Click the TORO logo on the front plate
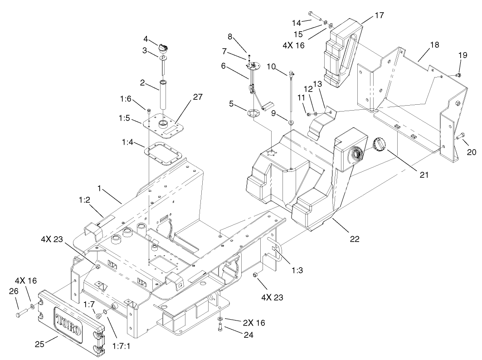point(68,322)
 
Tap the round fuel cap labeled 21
point(379,146)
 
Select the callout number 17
point(379,15)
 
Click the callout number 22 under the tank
point(354,238)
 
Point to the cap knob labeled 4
point(164,47)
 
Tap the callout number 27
point(197,97)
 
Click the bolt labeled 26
point(19,313)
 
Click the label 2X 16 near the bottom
point(253,322)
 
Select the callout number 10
point(271,67)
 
